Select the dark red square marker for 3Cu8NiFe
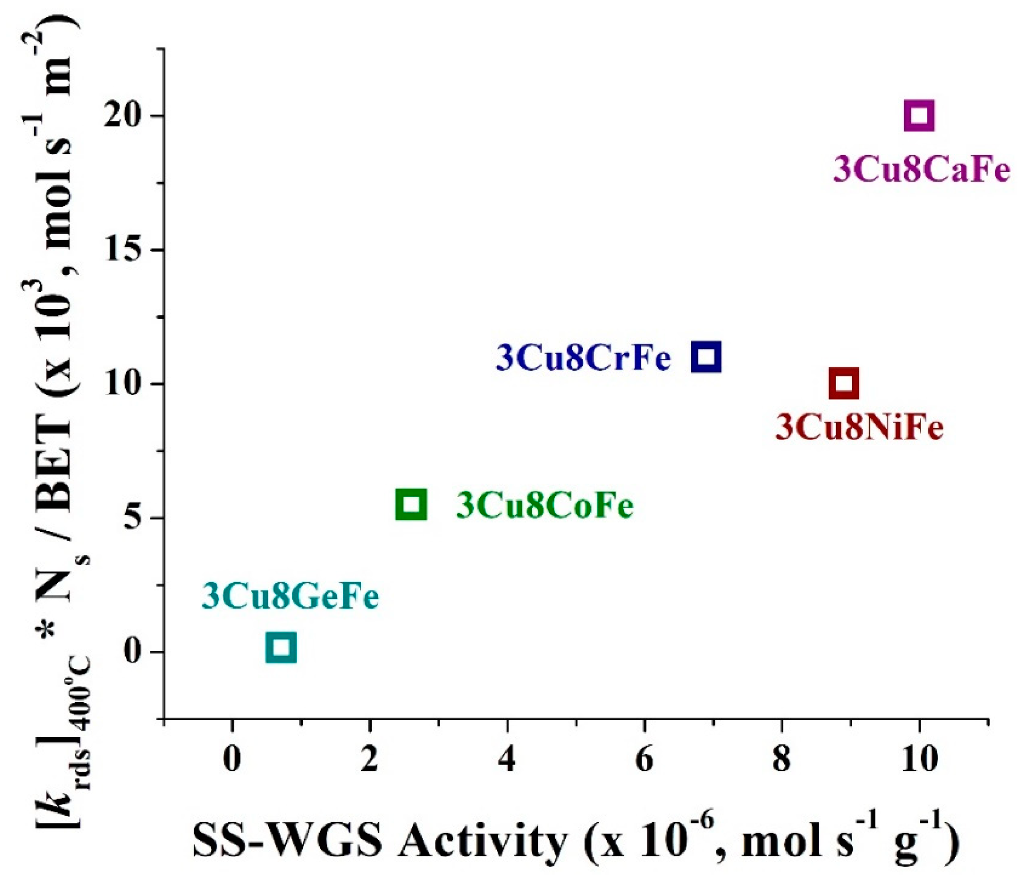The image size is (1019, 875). pyautogui.click(x=844, y=383)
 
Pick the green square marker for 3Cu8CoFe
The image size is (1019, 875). pyautogui.click(x=411, y=504)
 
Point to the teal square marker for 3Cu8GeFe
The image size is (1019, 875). pyautogui.click(x=281, y=647)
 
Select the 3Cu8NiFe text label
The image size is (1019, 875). pyautogui.click(x=859, y=428)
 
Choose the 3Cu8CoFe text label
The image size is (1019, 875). pyautogui.click(x=545, y=506)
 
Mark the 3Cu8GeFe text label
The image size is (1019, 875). pyautogui.click(x=290, y=597)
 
